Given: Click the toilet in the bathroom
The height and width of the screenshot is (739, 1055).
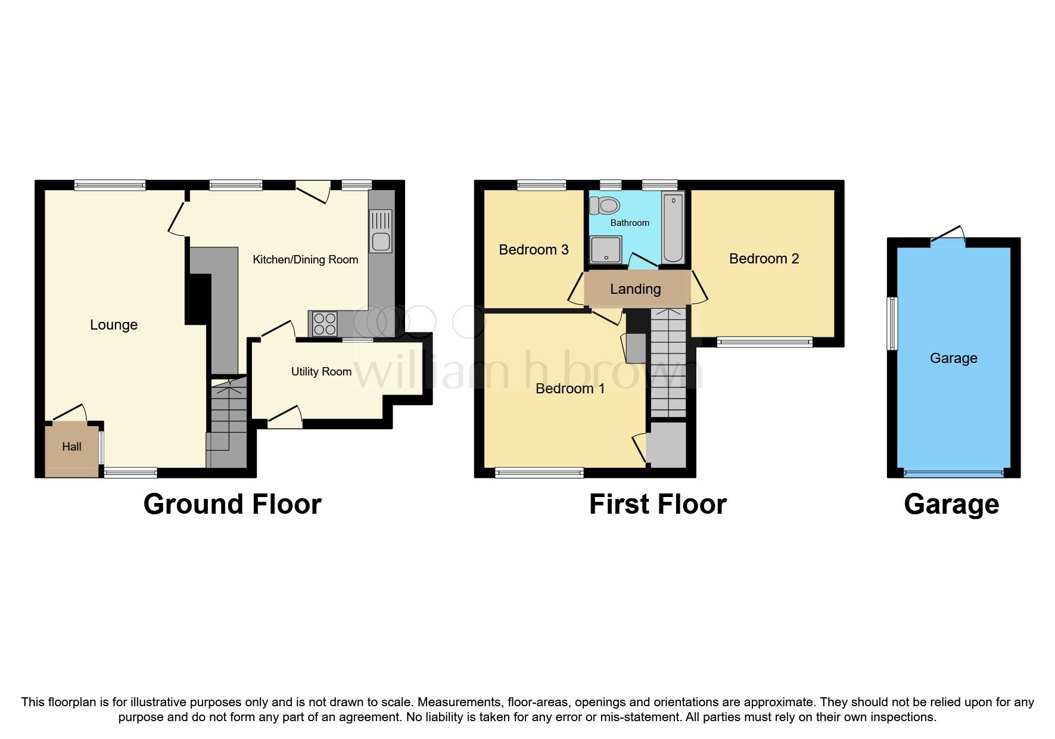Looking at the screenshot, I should [x=605, y=206].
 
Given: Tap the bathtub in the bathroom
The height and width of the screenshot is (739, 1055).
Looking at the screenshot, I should [x=673, y=227].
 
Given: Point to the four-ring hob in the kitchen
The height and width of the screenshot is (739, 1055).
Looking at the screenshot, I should [x=324, y=324].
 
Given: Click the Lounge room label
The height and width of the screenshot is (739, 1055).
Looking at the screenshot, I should [x=114, y=325].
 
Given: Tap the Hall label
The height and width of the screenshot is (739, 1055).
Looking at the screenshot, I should [x=71, y=447].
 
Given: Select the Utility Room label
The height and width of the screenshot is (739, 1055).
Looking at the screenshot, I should [x=321, y=372].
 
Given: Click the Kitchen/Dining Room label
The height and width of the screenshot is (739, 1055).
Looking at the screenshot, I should [x=305, y=260].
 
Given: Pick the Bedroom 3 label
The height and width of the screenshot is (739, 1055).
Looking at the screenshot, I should [x=533, y=250].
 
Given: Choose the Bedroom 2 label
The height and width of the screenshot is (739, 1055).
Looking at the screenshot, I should [x=764, y=259].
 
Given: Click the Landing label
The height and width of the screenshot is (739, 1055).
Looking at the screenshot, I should [x=635, y=289].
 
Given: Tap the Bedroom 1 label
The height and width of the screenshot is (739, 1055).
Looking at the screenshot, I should [x=570, y=389].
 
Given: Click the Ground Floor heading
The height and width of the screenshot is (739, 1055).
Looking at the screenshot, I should [x=232, y=504].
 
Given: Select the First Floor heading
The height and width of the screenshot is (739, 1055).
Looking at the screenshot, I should [x=658, y=504].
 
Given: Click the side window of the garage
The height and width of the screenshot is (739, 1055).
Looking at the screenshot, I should [x=892, y=323].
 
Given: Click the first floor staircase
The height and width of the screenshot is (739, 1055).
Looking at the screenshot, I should [x=668, y=364].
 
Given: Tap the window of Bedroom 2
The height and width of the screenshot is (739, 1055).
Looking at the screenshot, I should [x=764, y=342].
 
